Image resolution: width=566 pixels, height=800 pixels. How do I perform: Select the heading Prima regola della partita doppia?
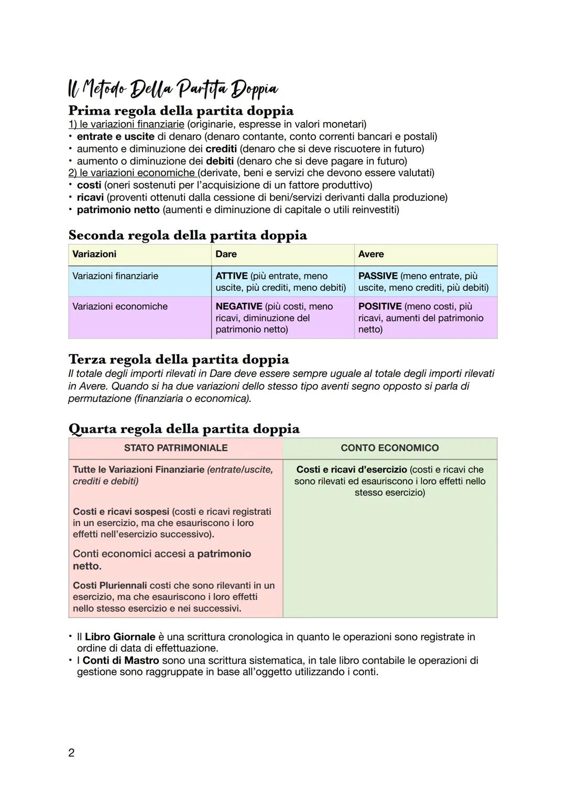[181, 111]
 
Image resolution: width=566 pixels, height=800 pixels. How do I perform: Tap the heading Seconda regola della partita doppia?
[188, 235]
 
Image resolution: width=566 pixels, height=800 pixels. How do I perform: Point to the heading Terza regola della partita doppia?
[179, 359]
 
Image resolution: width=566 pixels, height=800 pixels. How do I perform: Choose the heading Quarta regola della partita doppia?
[184, 429]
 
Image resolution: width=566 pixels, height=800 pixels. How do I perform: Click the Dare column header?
[226, 254]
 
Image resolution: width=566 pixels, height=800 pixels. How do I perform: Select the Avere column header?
[371, 254]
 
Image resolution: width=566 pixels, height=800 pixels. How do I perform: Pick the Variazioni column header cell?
[94, 254]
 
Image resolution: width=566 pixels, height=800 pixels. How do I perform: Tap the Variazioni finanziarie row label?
[115, 276]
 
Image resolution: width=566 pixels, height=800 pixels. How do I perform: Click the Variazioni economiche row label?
[120, 306]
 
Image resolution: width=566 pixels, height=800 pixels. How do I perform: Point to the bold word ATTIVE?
[231, 276]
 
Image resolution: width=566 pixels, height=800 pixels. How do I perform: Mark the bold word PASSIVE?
[377, 276]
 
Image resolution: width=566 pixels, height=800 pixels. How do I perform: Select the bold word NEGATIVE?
[238, 306]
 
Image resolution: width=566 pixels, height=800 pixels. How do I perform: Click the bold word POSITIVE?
[379, 306]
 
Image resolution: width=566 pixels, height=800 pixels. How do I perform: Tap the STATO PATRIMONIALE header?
[176, 448]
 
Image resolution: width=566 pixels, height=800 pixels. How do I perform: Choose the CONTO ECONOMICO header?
[389, 448]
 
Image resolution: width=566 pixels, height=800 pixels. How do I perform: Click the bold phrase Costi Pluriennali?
[110, 585]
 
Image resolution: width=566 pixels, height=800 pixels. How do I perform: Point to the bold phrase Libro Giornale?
[120, 637]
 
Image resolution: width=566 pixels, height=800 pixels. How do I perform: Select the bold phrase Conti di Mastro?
[121, 660]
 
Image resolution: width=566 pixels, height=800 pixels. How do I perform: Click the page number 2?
[71, 753]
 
